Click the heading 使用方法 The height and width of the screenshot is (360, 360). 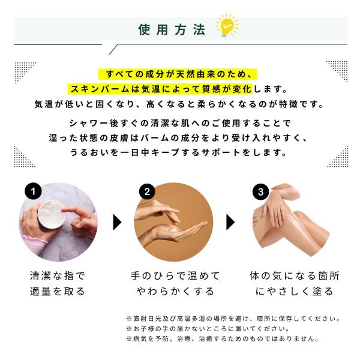pyautogui.click(x=172, y=29)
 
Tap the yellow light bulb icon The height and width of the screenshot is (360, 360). pyautogui.click(x=226, y=26)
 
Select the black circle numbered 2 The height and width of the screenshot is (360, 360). pyautogui.click(x=148, y=191)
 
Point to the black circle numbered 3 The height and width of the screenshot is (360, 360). pyautogui.click(x=260, y=191)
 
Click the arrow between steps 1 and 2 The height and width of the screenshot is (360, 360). pyautogui.click(x=118, y=223)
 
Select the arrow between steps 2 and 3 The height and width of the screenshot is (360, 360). pyautogui.click(x=230, y=223)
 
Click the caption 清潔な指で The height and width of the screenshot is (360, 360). pyautogui.click(x=58, y=276)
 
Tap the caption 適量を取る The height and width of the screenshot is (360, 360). pyautogui.click(x=58, y=292)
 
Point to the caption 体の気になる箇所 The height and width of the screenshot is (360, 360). pyautogui.click(x=294, y=276)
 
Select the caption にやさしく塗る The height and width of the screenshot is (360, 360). pyautogui.click(x=294, y=292)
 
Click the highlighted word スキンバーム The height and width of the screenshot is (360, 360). pyautogui.click(x=96, y=89)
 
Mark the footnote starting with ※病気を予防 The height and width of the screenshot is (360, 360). pyautogui.click(x=222, y=339)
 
